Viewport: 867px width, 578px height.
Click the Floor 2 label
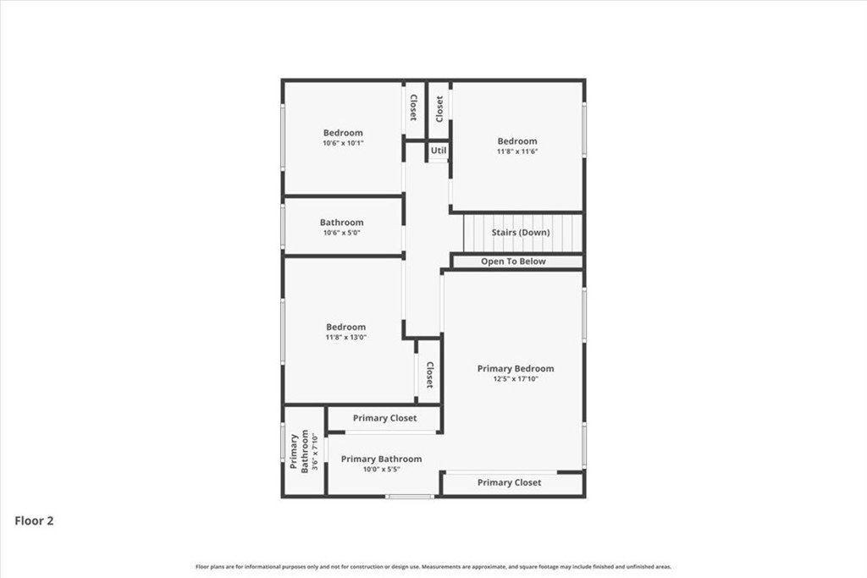pos(34,520)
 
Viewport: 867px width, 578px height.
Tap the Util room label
pos(439,151)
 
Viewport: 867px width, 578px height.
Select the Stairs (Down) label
pos(521,233)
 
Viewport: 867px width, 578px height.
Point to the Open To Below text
pos(513,261)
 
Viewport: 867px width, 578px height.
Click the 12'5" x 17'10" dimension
pos(516,379)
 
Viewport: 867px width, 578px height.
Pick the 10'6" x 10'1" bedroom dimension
pos(344,143)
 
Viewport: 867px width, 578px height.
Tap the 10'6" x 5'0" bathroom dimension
pos(342,234)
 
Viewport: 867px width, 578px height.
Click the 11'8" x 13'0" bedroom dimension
pos(346,338)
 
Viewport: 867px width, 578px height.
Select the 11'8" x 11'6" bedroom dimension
pos(517,151)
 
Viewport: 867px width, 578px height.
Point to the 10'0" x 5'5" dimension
pos(382,470)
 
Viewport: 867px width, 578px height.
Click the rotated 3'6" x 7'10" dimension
pos(315,451)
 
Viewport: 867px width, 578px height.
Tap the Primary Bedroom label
pos(516,369)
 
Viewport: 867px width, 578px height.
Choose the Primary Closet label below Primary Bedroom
pos(509,482)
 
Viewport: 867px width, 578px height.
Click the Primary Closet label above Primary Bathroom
pos(385,418)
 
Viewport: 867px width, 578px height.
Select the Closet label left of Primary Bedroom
pos(429,375)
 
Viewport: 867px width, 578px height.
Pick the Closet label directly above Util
pos(439,109)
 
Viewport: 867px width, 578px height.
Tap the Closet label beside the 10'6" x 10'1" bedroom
pos(413,107)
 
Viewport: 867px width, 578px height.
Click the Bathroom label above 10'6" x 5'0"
pos(342,223)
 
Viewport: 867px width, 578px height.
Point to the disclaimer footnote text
pos(433,567)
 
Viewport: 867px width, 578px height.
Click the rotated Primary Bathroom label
pos(299,451)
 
